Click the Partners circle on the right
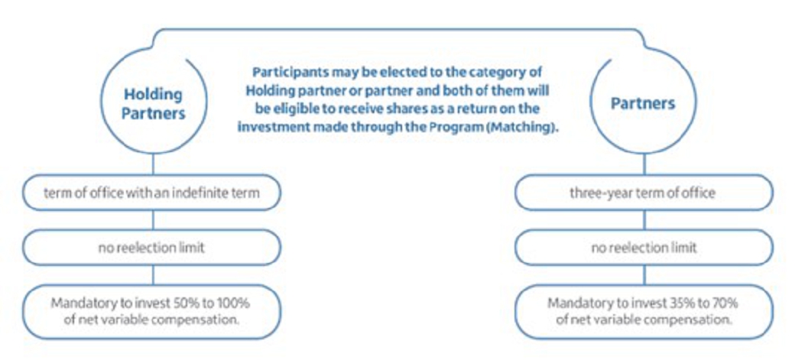click(643, 152)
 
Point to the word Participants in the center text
click(290, 71)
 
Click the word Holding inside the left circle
click(153, 95)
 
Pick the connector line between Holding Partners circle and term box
click(154, 164)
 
